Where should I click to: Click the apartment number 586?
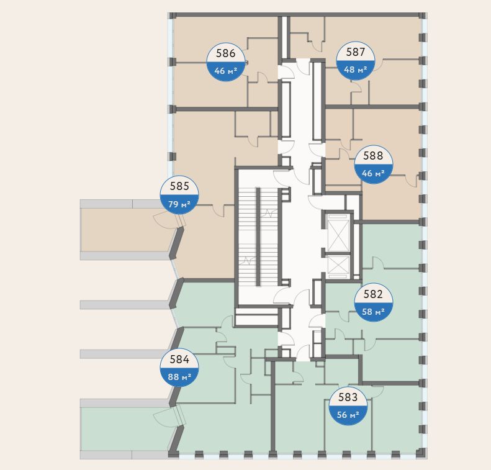tap(225, 54)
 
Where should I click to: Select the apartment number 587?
tap(355, 53)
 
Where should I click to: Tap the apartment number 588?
tap(373, 156)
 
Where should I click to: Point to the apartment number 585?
tap(179, 186)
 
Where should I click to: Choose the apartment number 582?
tap(373, 296)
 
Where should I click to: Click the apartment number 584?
tap(179, 359)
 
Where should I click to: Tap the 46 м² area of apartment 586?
tap(225, 70)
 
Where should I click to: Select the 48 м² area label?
tap(355, 70)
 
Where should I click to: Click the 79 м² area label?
tap(179, 203)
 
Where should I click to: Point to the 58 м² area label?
tap(373, 312)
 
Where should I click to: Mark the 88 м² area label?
tap(179, 376)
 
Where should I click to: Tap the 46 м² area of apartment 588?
tap(373, 173)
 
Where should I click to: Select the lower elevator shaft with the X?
tap(338, 265)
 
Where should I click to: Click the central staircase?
tap(258, 236)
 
